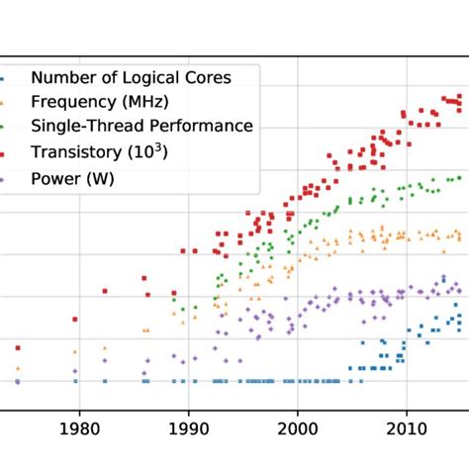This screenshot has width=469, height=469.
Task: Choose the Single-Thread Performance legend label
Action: pyautogui.click(x=141, y=126)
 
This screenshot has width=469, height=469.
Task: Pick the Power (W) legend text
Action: pyautogui.click(x=72, y=178)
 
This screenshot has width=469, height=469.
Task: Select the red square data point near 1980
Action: pyautogui.click(x=75, y=319)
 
